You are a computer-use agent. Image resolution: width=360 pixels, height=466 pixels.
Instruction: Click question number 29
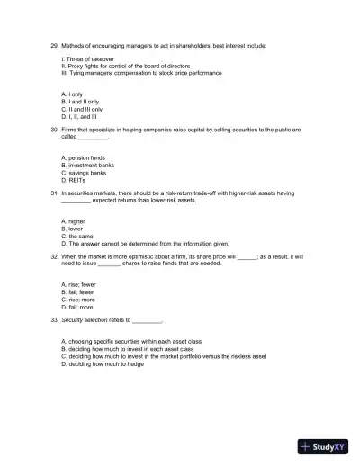(54, 44)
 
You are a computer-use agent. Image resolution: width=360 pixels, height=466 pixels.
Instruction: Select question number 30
(54, 130)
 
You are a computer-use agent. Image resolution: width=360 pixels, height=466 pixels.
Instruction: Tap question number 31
(54, 193)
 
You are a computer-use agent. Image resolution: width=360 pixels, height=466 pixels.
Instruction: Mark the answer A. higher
(73, 221)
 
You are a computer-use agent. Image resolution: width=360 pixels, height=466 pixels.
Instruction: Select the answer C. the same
(78, 235)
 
